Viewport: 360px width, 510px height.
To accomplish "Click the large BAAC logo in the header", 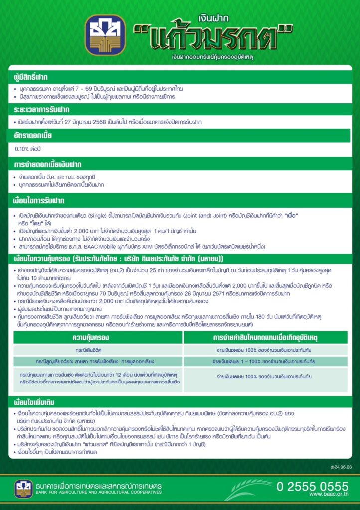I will (105, 35).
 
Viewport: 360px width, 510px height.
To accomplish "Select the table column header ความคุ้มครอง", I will (98, 337).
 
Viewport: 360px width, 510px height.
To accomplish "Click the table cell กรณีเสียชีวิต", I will (98, 350).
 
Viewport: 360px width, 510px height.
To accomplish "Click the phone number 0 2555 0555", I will (312, 486).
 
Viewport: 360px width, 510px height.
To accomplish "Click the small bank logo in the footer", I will (23, 489).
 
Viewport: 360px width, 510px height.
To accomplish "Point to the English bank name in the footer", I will (99, 492).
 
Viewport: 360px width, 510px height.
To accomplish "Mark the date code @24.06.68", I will (341, 467).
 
